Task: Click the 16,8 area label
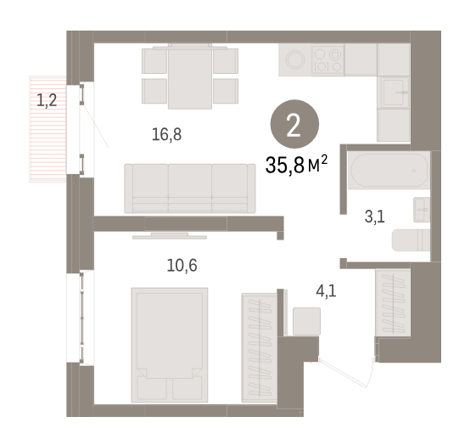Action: [166, 134]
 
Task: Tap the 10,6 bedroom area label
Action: [182, 266]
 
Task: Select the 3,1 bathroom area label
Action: [375, 217]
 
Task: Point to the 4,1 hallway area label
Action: [326, 291]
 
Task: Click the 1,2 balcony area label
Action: [47, 100]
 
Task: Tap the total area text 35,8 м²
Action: [296, 165]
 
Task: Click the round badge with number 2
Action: [294, 124]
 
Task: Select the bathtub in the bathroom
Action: [389, 170]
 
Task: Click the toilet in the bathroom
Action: [411, 240]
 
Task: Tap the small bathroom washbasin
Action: [422, 210]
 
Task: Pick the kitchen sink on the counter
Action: [394, 93]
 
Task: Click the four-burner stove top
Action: [328, 59]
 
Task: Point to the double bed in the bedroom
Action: [170, 345]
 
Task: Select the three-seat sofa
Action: [190, 189]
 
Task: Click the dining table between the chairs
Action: [190, 76]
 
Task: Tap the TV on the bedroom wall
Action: [170, 236]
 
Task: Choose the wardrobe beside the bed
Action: [260, 348]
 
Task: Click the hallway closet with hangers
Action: [393, 303]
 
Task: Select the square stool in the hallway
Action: [306, 321]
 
